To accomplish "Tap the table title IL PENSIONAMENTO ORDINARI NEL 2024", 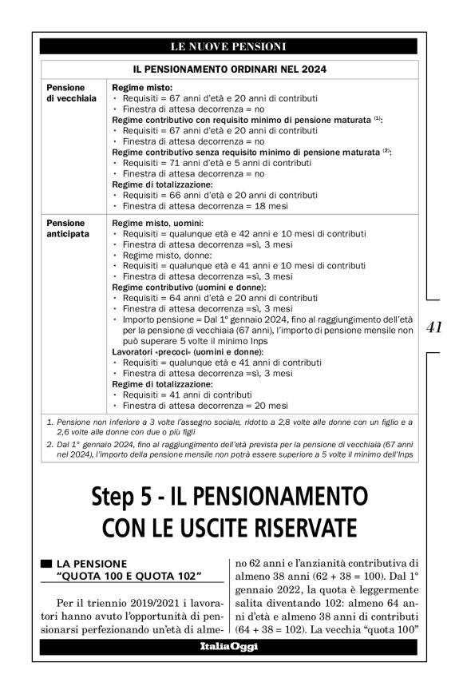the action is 229,69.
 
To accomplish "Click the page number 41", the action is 435,327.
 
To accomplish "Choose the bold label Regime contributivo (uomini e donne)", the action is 188,286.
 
